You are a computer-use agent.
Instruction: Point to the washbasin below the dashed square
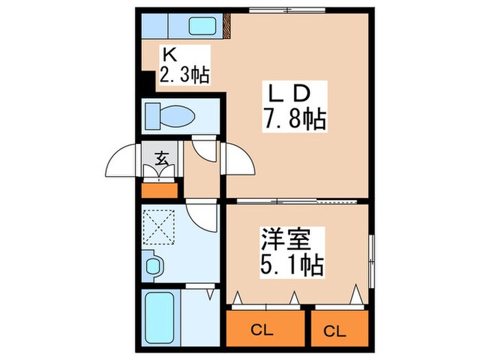[x=154, y=265]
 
